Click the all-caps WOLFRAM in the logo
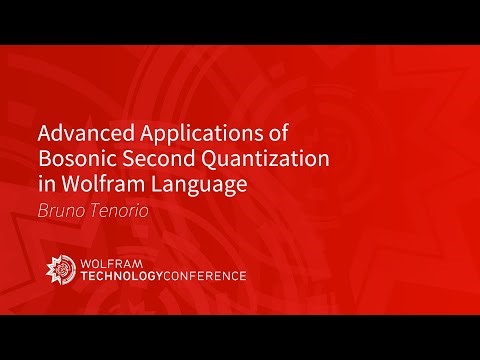tap(111, 262)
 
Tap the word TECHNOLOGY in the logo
tap(128, 276)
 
